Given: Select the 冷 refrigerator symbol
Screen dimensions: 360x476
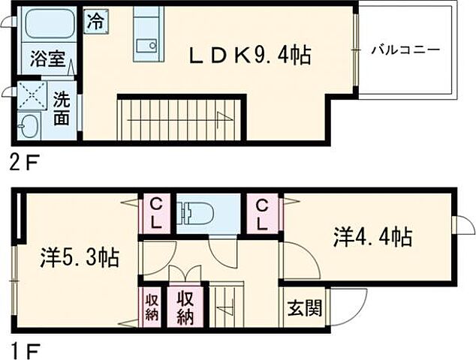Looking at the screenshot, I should [95, 20].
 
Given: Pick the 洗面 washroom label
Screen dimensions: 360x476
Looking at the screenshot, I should [62, 109].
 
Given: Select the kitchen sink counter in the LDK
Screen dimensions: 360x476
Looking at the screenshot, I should [148, 34].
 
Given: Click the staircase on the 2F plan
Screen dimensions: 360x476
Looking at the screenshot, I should [180, 118].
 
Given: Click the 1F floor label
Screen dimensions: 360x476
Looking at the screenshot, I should [21, 349].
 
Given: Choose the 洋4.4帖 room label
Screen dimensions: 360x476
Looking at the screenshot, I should [372, 237].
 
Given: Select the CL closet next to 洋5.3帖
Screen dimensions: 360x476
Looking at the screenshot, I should [155, 213].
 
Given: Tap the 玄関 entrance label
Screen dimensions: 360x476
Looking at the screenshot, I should [304, 308].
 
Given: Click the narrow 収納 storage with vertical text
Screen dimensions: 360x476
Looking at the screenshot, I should [152, 307].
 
